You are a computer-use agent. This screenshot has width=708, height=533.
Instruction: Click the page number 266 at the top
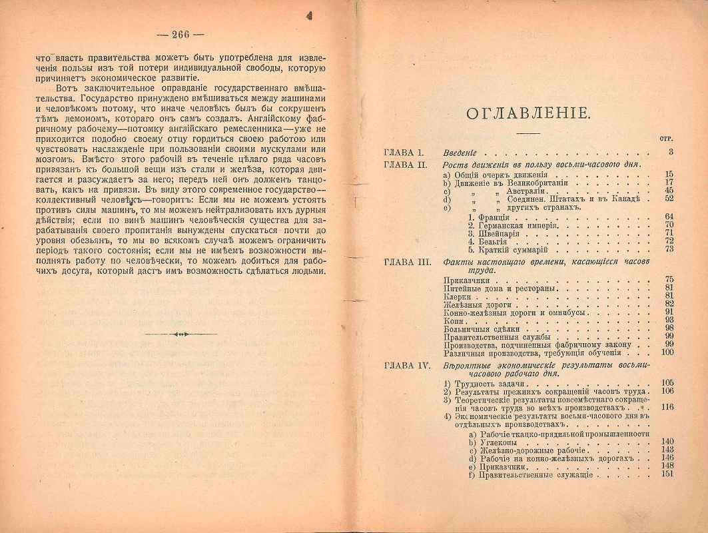tap(180, 35)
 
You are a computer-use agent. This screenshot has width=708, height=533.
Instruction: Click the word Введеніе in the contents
tap(462, 153)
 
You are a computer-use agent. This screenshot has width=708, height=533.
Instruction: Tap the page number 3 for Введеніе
tap(671, 153)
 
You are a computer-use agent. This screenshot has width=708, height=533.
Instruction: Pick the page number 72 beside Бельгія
tap(669, 241)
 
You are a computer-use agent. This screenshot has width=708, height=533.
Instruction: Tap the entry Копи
tap(453, 320)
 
